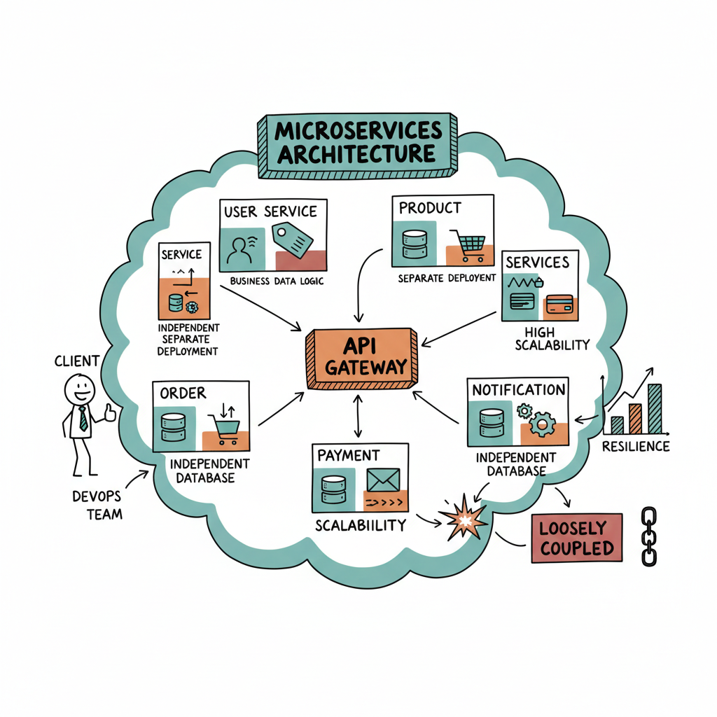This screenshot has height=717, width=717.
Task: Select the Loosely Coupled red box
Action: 577,538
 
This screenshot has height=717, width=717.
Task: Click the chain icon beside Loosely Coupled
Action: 649,537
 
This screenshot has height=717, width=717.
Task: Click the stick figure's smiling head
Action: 79,387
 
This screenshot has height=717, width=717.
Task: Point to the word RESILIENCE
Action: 636,447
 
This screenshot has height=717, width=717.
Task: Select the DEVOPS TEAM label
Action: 97,505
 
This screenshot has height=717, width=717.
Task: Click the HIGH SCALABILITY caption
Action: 552,337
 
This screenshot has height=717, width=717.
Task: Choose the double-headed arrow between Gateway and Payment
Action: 358,416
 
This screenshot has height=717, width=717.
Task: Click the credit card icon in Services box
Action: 559,304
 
